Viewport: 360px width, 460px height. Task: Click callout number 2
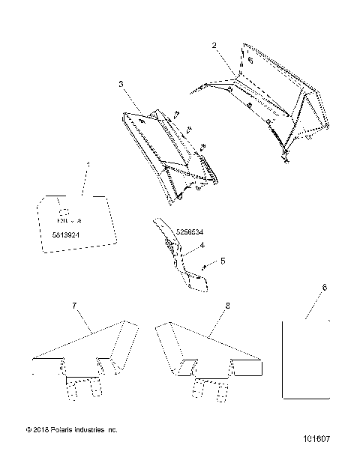(x=214, y=46)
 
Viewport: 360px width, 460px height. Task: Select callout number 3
(x=121, y=85)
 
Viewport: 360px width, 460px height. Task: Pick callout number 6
(x=324, y=288)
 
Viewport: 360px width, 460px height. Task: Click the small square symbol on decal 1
(x=64, y=211)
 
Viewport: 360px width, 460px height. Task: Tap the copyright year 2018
(x=40, y=430)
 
